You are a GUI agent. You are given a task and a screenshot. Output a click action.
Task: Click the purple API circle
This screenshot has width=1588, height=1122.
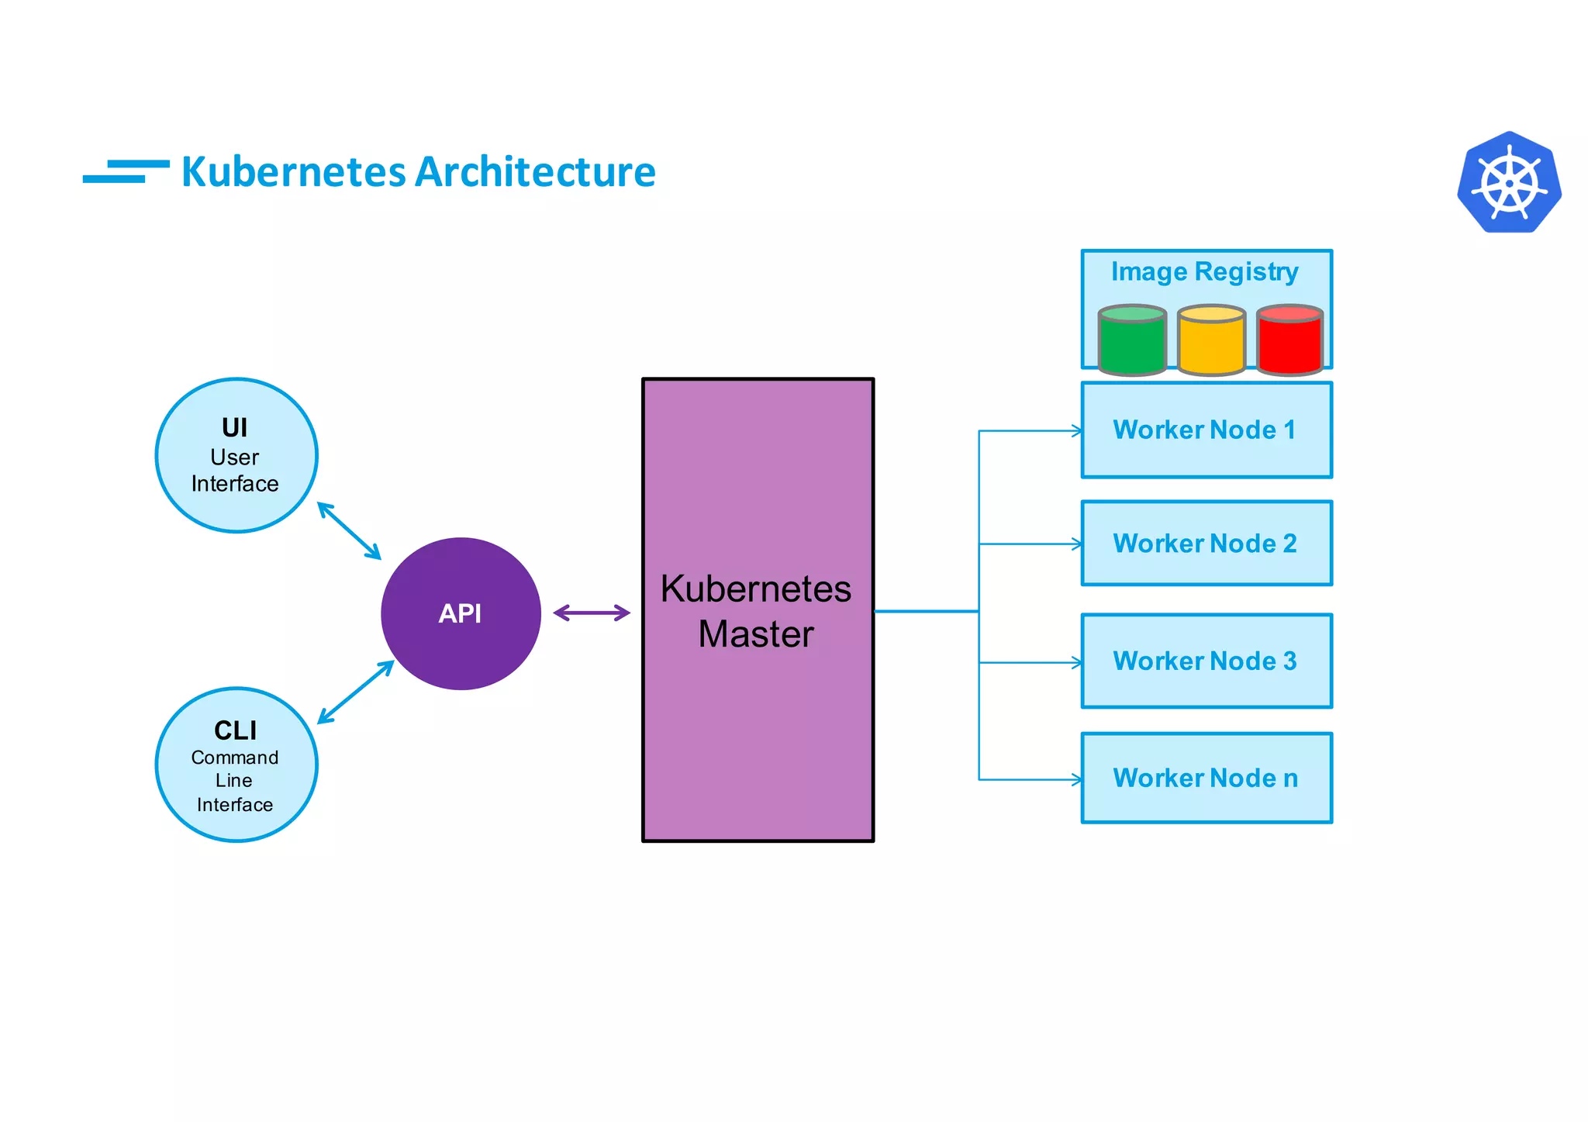click(x=461, y=613)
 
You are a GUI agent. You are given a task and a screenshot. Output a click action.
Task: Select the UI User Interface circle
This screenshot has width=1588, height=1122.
click(x=236, y=455)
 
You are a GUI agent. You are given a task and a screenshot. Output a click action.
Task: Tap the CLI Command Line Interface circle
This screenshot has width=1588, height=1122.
click(x=236, y=765)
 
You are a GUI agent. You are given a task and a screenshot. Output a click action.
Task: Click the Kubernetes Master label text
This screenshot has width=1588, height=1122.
click(x=756, y=611)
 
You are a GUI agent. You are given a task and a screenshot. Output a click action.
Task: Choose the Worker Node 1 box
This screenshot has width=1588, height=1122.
click(x=1206, y=430)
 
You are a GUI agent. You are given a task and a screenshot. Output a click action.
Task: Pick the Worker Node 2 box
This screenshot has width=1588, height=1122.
click(x=1206, y=544)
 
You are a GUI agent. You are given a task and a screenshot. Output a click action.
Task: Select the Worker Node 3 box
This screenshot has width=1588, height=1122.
click(x=1206, y=661)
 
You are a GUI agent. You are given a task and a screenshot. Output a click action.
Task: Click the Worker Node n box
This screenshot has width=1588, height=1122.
click(x=1206, y=778)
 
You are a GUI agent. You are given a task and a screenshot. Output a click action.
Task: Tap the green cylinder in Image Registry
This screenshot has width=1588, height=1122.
click(x=1132, y=341)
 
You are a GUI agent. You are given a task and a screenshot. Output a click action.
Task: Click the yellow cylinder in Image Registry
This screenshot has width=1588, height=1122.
click(x=1211, y=341)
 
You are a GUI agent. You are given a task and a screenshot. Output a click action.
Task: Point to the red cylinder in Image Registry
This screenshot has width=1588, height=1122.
click(x=1289, y=341)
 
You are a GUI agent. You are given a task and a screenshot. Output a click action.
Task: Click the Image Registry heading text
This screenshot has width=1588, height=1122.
click(x=1204, y=272)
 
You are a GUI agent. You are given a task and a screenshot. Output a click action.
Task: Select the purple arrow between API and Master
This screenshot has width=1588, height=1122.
click(x=592, y=613)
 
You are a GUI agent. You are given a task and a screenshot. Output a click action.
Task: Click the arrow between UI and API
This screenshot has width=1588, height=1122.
click(x=349, y=531)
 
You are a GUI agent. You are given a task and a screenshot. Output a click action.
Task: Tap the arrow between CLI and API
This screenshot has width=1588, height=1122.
click(x=356, y=692)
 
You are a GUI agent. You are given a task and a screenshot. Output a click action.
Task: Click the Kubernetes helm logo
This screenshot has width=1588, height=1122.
click(x=1509, y=183)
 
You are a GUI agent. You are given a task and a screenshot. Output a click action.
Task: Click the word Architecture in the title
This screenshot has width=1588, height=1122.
click(x=537, y=172)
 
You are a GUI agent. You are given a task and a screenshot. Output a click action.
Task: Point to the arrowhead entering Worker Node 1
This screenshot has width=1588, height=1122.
click(x=1077, y=431)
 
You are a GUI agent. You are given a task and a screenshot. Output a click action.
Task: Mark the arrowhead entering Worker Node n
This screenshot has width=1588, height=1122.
click(x=1077, y=779)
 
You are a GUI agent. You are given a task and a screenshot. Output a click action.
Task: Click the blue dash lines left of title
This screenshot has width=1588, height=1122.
click(x=126, y=171)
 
